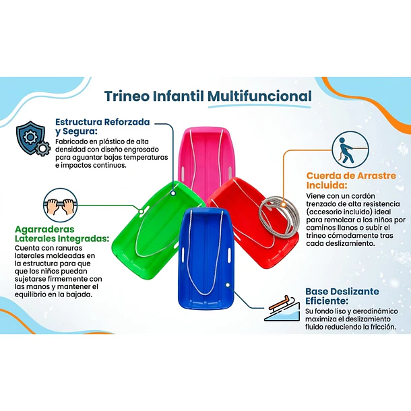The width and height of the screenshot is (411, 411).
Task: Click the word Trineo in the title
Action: click(127, 96)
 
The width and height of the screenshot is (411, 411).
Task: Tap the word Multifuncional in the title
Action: click(260, 96)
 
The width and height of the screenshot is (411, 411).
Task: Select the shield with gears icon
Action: click(33, 138)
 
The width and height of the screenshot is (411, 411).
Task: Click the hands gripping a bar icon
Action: click(60, 205)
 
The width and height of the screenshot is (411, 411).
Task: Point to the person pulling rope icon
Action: click(350, 150)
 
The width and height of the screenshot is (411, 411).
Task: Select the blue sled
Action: click(205, 258)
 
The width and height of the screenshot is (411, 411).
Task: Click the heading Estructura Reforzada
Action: click(102, 122)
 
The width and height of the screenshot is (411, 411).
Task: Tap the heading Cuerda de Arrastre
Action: click(351, 176)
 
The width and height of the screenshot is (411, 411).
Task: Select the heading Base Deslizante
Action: click(342, 291)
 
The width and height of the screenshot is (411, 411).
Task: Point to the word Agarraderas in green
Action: click(44, 229)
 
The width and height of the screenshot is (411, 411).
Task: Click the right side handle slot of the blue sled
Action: click(229, 255)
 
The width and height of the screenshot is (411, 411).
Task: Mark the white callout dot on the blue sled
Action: click(228, 284)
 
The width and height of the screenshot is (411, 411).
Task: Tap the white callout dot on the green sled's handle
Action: click(141, 212)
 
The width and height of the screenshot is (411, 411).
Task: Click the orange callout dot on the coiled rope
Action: click(284, 204)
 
